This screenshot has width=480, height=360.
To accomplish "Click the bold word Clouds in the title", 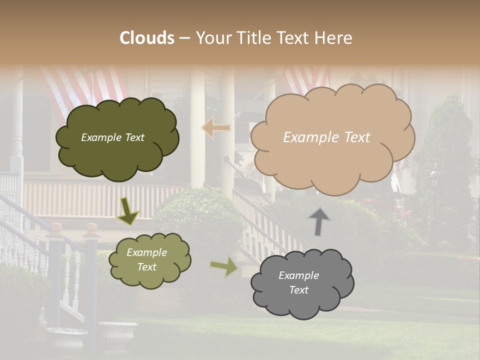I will [x=147, y=38].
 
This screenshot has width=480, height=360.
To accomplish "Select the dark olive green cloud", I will [x=116, y=139].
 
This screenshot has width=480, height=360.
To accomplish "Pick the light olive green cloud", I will [x=149, y=259].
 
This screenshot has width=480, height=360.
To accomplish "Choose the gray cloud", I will [x=301, y=284].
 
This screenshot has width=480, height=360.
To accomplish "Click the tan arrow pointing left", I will [x=216, y=127].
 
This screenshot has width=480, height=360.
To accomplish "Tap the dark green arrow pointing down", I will [x=127, y=211].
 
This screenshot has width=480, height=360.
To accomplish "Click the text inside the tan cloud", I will [x=326, y=137].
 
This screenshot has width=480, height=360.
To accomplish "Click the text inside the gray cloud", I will [x=298, y=282].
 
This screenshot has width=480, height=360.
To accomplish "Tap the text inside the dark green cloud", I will [x=112, y=137].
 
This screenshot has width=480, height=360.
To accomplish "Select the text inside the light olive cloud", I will [x=146, y=259].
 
